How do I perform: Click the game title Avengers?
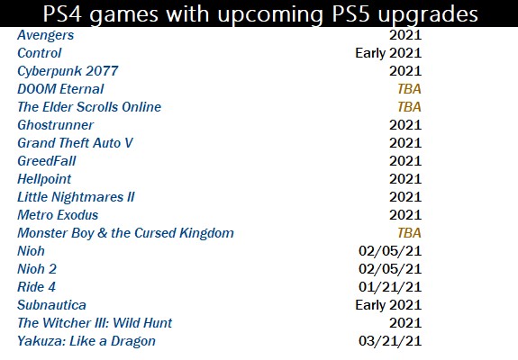pos(46,35)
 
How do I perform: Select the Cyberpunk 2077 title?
pos(68,71)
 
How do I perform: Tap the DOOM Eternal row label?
pos(60,89)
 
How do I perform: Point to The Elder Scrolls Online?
pos(89,107)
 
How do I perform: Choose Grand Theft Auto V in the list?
pos(75,143)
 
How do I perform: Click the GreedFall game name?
pos(47,161)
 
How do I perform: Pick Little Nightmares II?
pos(76,197)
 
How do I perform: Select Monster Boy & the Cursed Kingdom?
pos(125,233)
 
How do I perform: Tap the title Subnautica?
pos(51,305)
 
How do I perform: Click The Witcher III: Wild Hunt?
pos(95,323)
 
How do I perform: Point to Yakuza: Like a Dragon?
pos(86,341)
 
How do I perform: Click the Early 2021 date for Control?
pos(388,53)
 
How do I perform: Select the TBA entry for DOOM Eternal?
pos(409,89)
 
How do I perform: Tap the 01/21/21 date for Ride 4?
pos(390,287)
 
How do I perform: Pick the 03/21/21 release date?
pos(390,341)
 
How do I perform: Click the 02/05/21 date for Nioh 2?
pos(390,269)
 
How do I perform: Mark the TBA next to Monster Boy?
pos(409,233)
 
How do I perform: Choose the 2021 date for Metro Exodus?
pos(405,215)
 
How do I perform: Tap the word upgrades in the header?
pos(428,15)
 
